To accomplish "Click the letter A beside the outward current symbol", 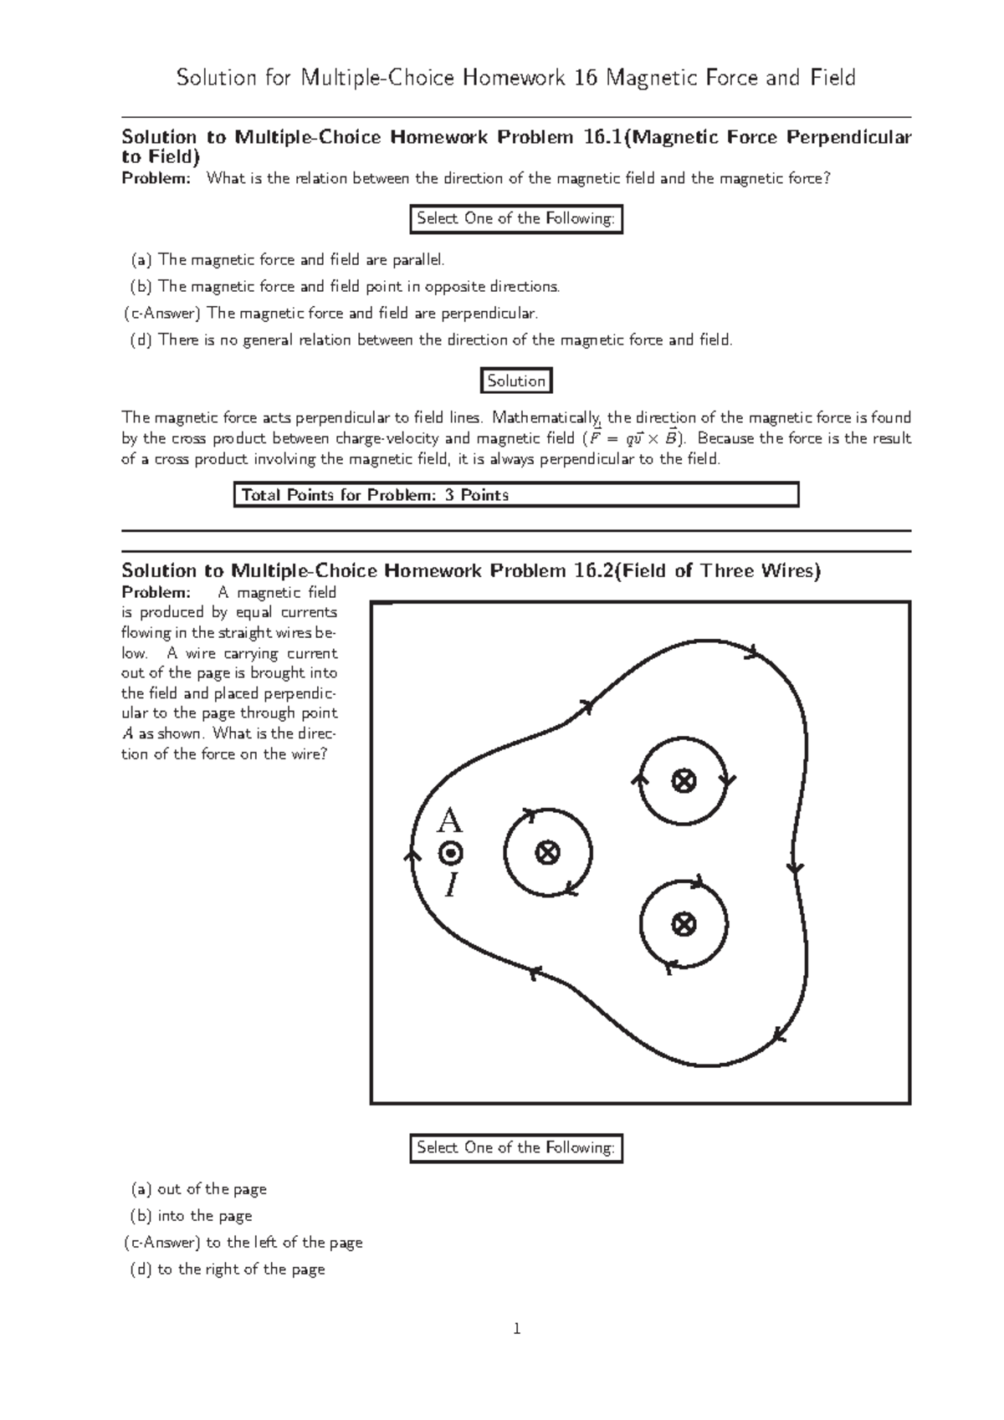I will pyautogui.click(x=450, y=821).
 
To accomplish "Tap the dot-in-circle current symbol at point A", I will pyautogui.click(x=451, y=854).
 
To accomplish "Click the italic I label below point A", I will pyautogui.click(x=452, y=885).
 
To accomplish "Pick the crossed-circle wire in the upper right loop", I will pyautogui.click(x=684, y=782).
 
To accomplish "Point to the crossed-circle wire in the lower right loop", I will pyautogui.click(x=684, y=924).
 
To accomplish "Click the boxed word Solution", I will pyautogui.click(x=516, y=381).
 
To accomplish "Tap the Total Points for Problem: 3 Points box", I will pyautogui.click(x=515, y=495).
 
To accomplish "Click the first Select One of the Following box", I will pyautogui.click(x=515, y=219).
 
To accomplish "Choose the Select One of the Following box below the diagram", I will pyautogui.click(x=515, y=1148).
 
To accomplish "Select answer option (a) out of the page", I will pyautogui.click(x=198, y=1189).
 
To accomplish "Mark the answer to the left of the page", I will pyautogui.click(x=243, y=1243).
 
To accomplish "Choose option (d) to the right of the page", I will pyautogui.click(x=228, y=1269).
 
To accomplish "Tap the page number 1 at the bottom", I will pyautogui.click(x=517, y=1329).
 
